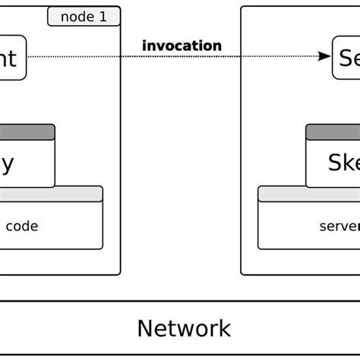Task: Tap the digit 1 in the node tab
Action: pos(103,16)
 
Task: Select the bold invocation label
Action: pos(182,46)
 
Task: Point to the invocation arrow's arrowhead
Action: pos(325,55)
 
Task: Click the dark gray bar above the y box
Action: pos(27,132)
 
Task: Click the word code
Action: pos(22,226)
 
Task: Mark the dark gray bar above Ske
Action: pos(333,132)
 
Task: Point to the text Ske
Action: pos(343,163)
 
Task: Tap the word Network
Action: pos(184,328)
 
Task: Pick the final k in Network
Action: pos(225,328)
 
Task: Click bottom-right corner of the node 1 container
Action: pos(119,273)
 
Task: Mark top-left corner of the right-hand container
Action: pos(242,8)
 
